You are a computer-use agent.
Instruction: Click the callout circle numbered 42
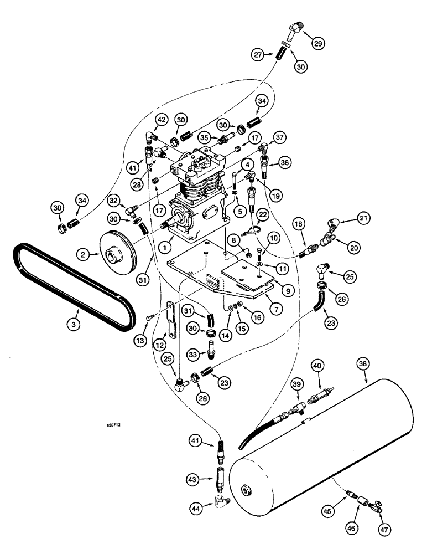tap(161, 120)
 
